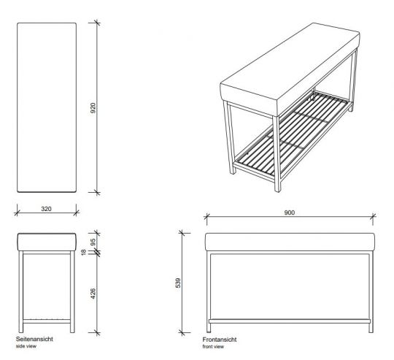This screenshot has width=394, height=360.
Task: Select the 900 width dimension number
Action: (x=290, y=212)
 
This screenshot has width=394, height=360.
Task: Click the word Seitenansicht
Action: (x=34, y=340)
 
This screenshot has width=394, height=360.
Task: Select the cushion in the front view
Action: (x=290, y=242)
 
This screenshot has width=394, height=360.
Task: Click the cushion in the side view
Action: (x=46, y=242)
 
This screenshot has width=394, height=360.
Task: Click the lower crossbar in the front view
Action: (x=290, y=319)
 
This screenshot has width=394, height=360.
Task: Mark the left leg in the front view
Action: (x=210, y=288)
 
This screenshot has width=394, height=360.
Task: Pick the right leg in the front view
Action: (x=371, y=288)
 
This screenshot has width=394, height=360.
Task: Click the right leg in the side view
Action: (x=72, y=288)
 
